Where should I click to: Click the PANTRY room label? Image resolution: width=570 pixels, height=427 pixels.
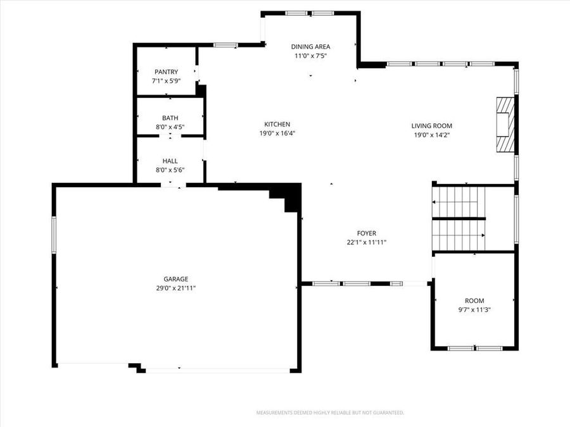click(x=165, y=72)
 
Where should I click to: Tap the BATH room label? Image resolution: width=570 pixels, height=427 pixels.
click(x=170, y=118)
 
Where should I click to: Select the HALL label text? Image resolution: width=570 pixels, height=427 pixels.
click(x=170, y=161)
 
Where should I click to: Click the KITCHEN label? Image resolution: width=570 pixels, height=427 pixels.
click(x=277, y=124)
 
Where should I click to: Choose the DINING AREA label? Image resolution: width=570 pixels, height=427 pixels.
click(x=310, y=46)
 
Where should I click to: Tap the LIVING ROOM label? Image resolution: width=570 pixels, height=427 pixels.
click(x=432, y=126)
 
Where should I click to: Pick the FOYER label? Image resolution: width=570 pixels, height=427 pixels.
click(x=366, y=233)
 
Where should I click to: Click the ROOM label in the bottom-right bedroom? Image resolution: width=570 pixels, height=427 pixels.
click(x=474, y=301)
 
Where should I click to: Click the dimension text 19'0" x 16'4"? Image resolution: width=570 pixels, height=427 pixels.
click(x=277, y=133)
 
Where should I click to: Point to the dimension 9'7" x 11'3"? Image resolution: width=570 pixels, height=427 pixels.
click(x=474, y=310)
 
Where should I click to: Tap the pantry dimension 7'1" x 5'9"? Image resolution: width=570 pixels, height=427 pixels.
click(x=165, y=81)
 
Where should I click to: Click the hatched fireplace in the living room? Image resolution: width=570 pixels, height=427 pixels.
click(x=505, y=125)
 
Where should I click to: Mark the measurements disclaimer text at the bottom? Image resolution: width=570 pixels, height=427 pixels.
click(x=330, y=412)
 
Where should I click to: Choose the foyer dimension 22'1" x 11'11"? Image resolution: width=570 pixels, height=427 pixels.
click(x=366, y=242)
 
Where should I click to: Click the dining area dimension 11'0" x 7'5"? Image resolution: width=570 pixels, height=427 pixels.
click(x=310, y=56)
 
